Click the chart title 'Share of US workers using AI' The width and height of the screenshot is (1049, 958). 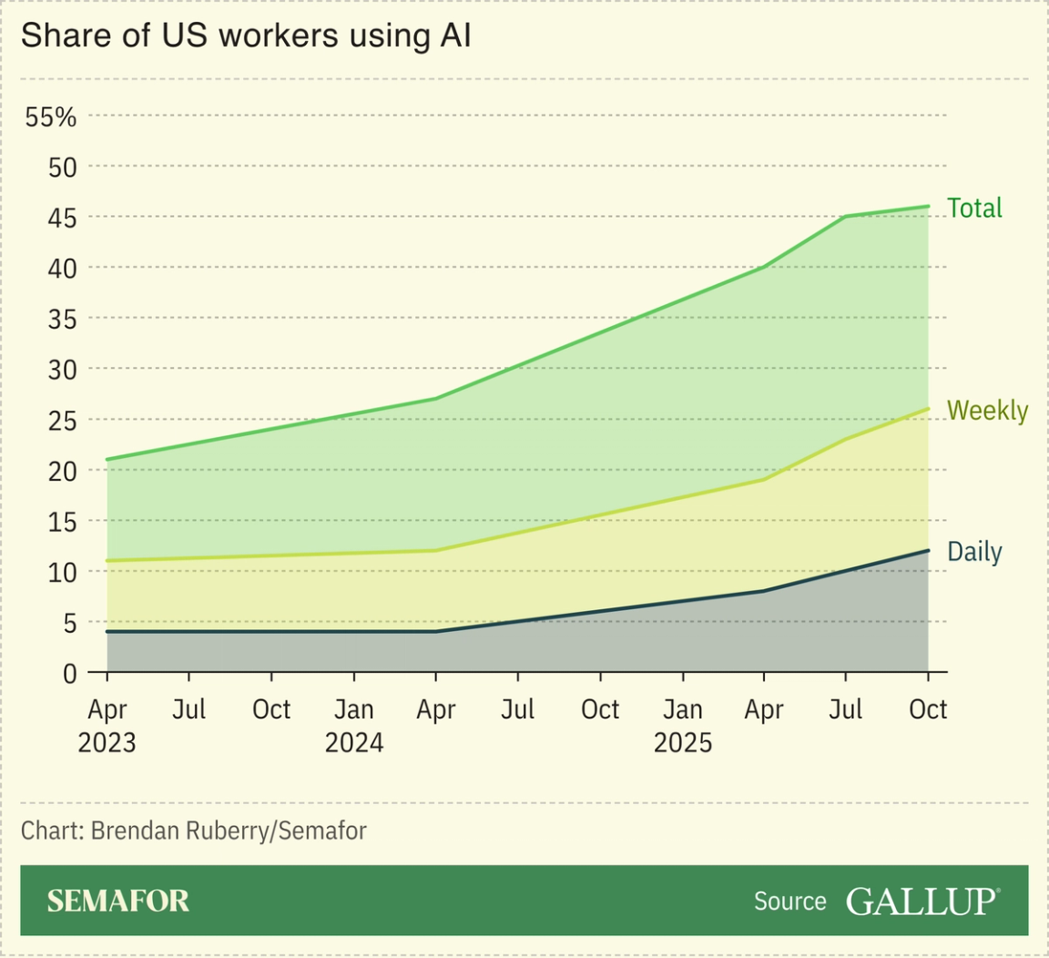coord(246,36)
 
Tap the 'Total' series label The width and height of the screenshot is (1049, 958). coord(974,209)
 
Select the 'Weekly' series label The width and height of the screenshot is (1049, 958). coord(987,411)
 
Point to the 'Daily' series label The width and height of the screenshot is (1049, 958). coord(974,552)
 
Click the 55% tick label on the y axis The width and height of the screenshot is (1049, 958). coord(51,117)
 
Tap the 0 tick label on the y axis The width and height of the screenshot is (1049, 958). coord(70,673)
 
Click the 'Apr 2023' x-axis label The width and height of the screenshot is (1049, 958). coord(107,726)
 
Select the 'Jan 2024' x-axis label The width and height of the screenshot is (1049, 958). coord(354,726)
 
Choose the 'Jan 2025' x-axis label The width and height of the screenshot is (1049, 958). coord(682,726)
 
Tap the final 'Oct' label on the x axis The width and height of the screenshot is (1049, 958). coord(928,709)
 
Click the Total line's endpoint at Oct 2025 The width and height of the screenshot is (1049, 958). coord(928,206)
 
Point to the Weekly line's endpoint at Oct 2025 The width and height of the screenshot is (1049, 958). coord(928,409)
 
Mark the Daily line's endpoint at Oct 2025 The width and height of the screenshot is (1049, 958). coord(928,550)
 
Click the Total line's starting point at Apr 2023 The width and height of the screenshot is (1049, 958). coord(107,459)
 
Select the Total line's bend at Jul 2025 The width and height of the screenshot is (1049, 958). coord(846,217)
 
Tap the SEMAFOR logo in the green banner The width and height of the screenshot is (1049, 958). coord(118,901)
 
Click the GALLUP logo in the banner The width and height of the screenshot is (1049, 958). coord(922,901)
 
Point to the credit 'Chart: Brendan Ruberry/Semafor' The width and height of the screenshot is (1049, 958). coord(194,831)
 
